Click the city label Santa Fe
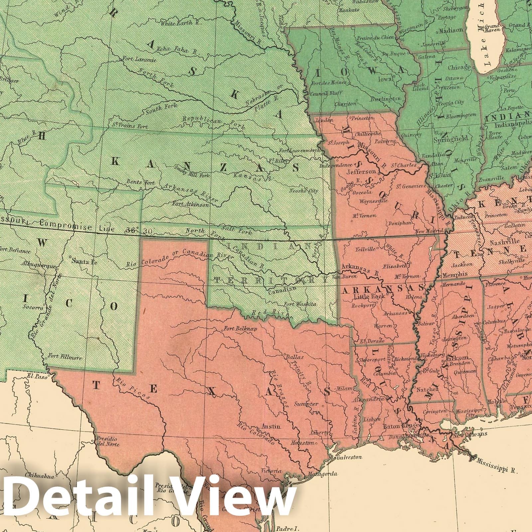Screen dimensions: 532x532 click(x=84, y=261)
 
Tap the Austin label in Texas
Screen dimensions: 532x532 click(x=271, y=427)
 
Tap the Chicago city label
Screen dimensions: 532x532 click(x=459, y=67)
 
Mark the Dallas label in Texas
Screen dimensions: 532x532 click(x=294, y=357)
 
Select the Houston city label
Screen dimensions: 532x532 click(x=302, y=443)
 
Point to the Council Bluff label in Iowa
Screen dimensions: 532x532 click(x=324, y=93)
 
